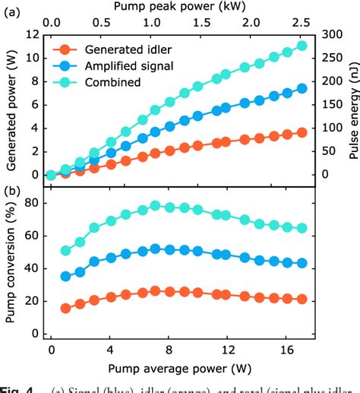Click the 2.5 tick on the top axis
click(x=302, y=24)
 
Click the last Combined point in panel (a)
click(x=302, y=46)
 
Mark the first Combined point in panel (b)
click(x=66, y=250)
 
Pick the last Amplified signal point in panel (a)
click(x=302, y=88)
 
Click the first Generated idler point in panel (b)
click(x=66, y=308)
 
